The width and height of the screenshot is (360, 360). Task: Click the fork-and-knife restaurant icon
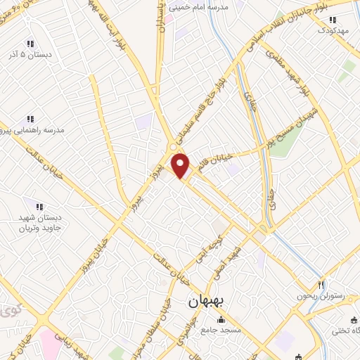coord(321,285)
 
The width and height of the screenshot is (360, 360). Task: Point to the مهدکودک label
coord(333,30)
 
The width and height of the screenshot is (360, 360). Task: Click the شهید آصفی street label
coord(239,258)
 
